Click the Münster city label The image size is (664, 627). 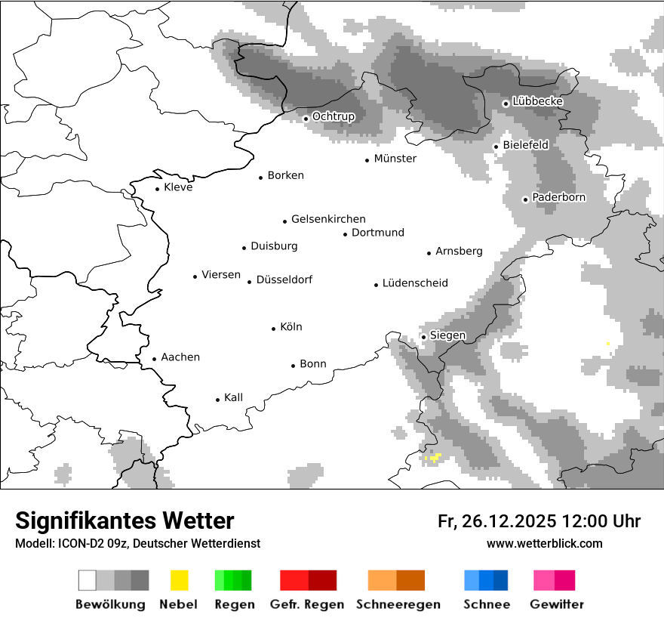click(x=395, y=159)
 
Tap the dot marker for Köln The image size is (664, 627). click(x=274, y=329)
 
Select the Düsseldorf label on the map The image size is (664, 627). click(x=284, y=280)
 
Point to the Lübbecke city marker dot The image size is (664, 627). click(x=506, y=103)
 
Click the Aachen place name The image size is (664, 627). click(x=180, y=357)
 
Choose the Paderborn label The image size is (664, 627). click(x=558, y=197)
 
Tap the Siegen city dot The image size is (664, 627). click(x=424, y=337)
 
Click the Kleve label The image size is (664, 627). click(x=178, y=187)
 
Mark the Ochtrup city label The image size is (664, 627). click(x=333, y=116)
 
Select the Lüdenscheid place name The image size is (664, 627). click(x=415, y=283)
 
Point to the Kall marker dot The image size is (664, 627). click(x=218, y=400)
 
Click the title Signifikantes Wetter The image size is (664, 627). click(x=124, y=520)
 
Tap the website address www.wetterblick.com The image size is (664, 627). click(x=544, y=543)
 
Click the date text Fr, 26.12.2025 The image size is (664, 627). click(x=496, y=521)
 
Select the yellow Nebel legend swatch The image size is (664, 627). click(x=179, y=580)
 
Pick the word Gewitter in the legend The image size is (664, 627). click(x=556, y=604)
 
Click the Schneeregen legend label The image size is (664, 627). click(x=398, y=604)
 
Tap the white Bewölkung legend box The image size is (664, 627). click(x=88, y=580)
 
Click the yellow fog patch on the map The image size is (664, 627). click(x=434, y=458)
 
